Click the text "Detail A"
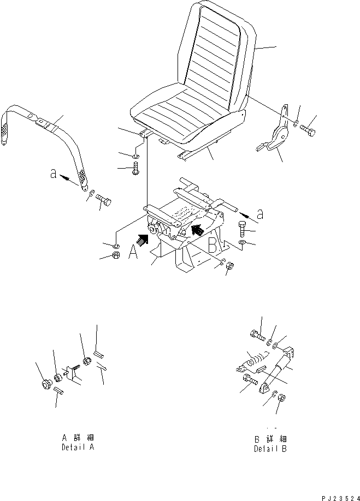[78, 447]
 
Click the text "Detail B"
[270, 449]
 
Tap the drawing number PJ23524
[341, 498]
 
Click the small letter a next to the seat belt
[54, 174]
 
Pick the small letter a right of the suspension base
[261, 214]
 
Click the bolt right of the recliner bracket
[308, 129]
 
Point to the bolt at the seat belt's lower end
[104, 199]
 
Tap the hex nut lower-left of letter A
[116, 255]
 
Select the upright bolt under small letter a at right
[243, 229]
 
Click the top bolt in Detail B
[257, 335]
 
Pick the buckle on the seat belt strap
[42, 121]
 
